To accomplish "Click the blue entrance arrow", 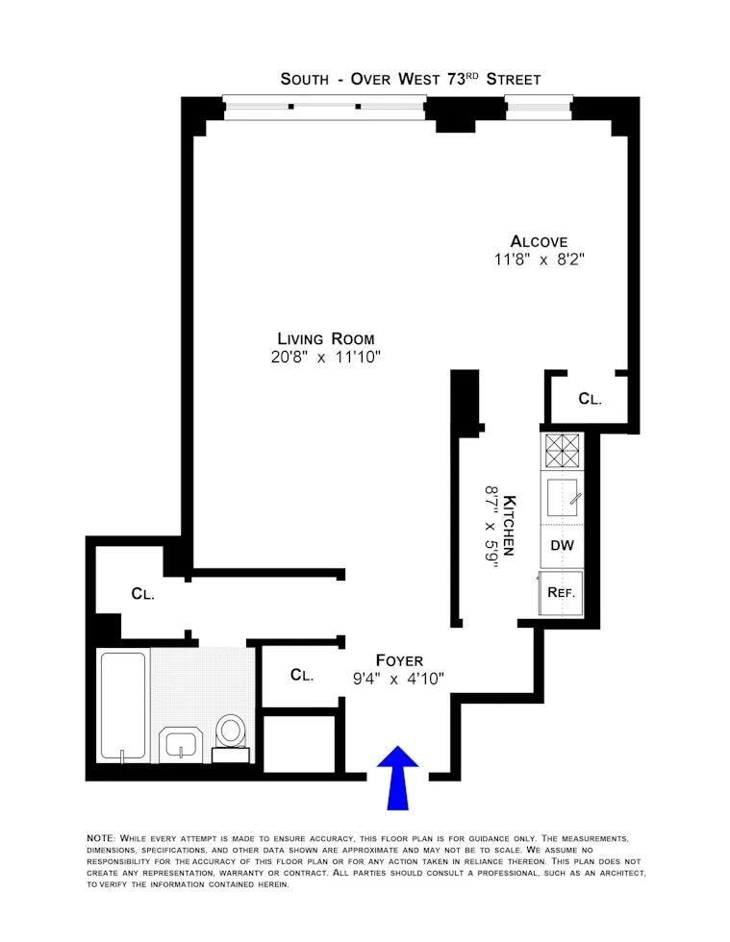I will coord(397,777).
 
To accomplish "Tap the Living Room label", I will coord(326,338).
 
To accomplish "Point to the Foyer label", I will coord(398,660).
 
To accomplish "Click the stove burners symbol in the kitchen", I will coord(563,450).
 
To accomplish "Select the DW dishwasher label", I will coord(563,545).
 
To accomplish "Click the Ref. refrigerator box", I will coord(562,592).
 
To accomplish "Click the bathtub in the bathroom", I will coord(122,706).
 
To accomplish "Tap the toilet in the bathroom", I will coord(231,732).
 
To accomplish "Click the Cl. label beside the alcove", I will coord(590,398).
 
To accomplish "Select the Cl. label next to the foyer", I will coord(302,676).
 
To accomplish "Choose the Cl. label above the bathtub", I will coord(143,594).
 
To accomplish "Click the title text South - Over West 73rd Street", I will coord(410,79).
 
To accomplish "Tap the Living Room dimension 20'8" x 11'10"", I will coord(326,357).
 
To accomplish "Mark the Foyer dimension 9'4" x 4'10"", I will coord(398,678).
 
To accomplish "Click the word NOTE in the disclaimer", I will coord(100,839).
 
